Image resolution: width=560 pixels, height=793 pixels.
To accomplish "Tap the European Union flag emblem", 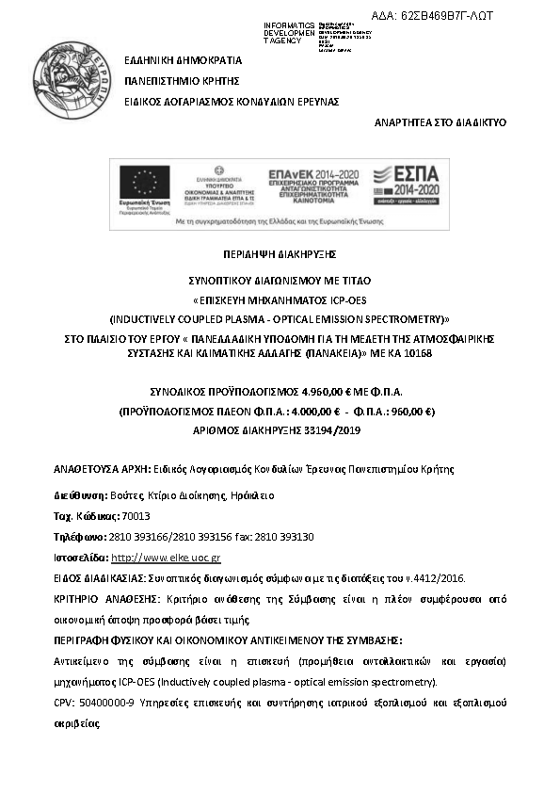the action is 145,182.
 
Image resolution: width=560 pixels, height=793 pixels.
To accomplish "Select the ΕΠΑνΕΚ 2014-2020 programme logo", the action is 314,177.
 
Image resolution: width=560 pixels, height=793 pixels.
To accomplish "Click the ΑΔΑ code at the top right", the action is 445,16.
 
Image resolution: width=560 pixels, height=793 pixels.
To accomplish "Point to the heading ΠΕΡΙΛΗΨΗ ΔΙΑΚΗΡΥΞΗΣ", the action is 280,254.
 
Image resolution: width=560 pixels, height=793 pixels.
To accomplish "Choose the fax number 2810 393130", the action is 287,537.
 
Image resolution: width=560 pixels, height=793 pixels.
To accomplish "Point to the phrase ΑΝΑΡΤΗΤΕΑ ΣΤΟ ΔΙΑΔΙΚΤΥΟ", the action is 440,122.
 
